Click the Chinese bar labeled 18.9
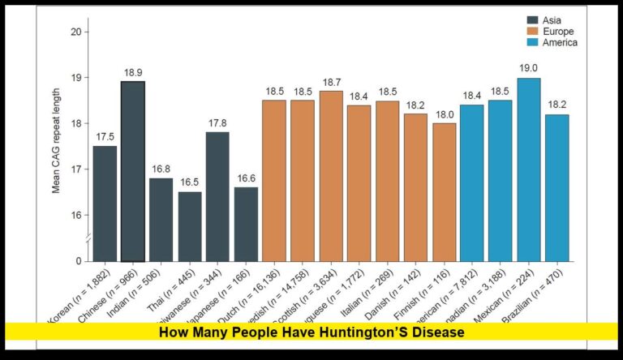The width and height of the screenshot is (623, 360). pyautogui.click(x=134, y=171)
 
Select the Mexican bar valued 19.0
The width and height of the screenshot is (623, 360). pyautogui.click(x=529, y=169)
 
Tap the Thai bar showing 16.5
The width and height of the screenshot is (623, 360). pyautogui.click(x=190, y=226)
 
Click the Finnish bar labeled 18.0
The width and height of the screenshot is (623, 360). pyautogui.click(x=444, y=192)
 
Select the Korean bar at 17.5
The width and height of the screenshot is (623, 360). pyautogui.click(x=105, y=204)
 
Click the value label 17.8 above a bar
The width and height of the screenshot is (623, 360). pyautogui.click(x=218, y=123)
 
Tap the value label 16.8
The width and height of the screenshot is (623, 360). pyautogui.click(x=161, y=169)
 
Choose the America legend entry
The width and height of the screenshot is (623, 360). pyautogui.click(x=556, y=43)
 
